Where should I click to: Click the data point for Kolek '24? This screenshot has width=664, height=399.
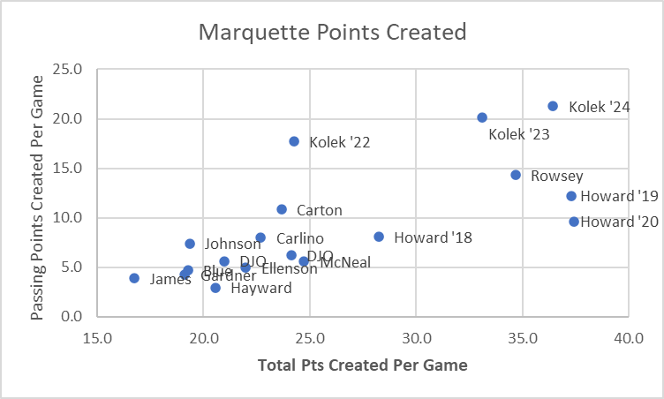coord(553,106)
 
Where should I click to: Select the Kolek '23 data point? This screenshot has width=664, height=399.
coord(482,117)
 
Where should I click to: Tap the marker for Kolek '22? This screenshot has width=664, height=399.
coord(294,141)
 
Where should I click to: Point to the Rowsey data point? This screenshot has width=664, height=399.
coord(516,175)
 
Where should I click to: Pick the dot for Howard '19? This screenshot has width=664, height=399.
coord(571,196)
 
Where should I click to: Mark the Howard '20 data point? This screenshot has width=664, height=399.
coord(574,222)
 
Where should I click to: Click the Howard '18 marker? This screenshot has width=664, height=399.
coord(379,237)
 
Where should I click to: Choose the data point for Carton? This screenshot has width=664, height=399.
coord(282,209)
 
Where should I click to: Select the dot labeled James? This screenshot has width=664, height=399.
coord(134,278)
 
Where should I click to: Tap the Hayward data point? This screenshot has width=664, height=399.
coord(215,288)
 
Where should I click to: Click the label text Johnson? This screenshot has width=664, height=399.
coord(232,244)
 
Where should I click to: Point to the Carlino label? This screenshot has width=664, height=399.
coord(299,238)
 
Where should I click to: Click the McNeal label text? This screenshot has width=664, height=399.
coord(345,262)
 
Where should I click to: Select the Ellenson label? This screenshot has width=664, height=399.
coord(289,268)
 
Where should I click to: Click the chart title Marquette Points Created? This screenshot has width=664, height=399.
coord(331,34)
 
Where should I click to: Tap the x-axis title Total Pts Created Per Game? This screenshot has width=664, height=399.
coord(362,365)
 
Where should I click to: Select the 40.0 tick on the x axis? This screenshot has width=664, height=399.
coord(629,336)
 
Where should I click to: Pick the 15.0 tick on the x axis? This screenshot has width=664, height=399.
coord(97,336)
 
